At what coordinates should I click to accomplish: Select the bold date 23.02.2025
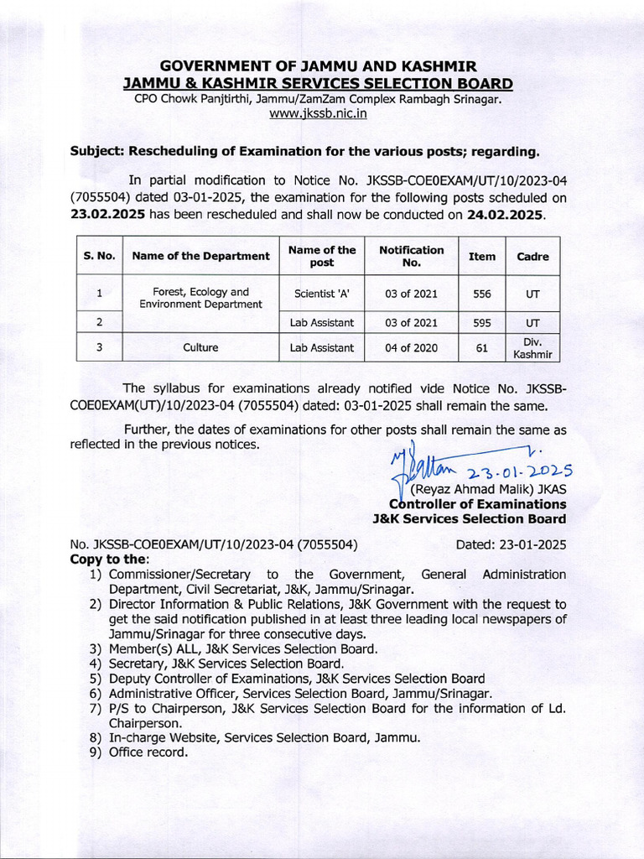108,215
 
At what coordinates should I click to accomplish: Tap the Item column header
481,257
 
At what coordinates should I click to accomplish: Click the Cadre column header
532,257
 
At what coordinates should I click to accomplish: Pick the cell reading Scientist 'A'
322,294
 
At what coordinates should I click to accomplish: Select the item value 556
481,294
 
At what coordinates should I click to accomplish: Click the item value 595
481,322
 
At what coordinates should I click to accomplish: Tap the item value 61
481,347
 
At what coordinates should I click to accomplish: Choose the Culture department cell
200,347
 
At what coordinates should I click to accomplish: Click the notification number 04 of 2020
411,347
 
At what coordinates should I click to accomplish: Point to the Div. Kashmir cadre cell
532,347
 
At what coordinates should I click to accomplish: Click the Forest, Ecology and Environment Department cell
200,298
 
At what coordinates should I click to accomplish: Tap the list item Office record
148,752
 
